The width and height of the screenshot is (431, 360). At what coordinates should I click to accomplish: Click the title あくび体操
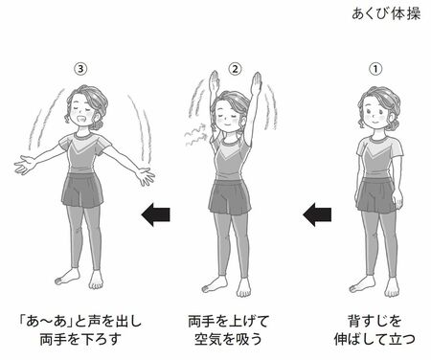click(386, 14)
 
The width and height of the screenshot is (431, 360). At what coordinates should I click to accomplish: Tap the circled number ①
click(375, 69)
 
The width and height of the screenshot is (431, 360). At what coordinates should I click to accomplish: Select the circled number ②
click(236, 69)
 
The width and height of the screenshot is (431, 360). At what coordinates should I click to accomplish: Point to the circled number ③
click(80, 69)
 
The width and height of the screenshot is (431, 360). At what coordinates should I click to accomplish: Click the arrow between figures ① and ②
click(317, 214)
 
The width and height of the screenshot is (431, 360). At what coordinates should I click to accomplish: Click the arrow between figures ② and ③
click(155, 214)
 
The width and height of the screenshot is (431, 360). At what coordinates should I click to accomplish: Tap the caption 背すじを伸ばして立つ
click(374, 330)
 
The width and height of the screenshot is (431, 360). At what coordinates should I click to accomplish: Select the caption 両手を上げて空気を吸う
click(229, 330)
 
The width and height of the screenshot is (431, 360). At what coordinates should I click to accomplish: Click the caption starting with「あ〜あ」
click(79, 330)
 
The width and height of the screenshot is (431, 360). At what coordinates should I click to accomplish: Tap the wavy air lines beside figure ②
click(195, 135)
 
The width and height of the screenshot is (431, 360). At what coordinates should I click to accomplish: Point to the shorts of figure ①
click(376, 195)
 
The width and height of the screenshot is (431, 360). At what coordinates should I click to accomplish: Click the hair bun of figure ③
click(97, 124)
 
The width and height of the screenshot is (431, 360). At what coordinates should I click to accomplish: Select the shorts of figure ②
click(230, 196)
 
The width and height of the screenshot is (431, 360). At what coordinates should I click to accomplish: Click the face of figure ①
click(374, 114)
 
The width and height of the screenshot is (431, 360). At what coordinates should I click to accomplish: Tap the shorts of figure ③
click(82, 191)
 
